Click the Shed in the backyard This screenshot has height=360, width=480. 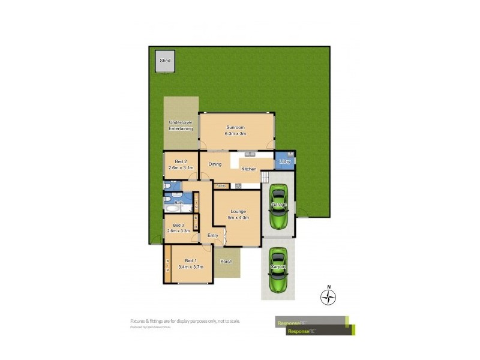pyautogui.click(x=165, y=61)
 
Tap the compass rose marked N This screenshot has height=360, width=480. pyautogui.click(x=328, y=296)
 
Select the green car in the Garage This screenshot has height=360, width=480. pyautogui.click(x=278, y=206)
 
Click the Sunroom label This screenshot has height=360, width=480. pyautogui.click(x=236, y=127)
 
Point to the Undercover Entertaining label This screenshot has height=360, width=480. pyautogui.click(x=181, y=125)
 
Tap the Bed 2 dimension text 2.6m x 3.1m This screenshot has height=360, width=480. pyautogui.click(x=181, y=169)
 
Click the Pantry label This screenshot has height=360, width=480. pyautogui.click(x=221, y=185)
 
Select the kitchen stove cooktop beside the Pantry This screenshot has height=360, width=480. pyautogui.click(x=238, y=185)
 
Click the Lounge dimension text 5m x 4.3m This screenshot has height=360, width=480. pyautogui.click(x=237, y=217)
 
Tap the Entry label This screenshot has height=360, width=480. pyautogui.click(x=213, y=235)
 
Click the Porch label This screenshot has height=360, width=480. pyautogui.click(x=226, y=262)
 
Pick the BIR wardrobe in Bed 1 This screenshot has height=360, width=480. pyautogui.click(x=167, y=264)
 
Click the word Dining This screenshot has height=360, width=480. pyautogui.click(x=215, y=164)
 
